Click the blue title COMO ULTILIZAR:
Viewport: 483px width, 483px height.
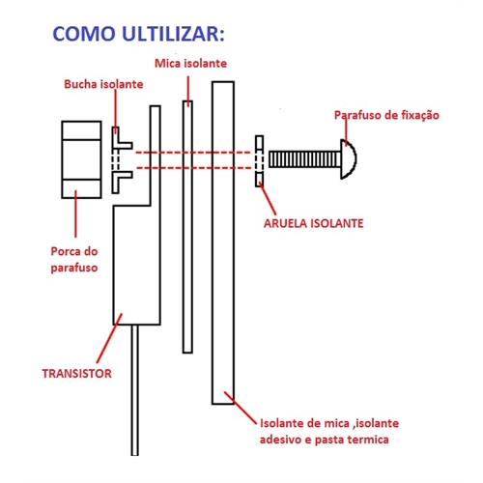click(x=138, y=34)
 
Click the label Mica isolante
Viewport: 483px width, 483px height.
click(x=190, y=63)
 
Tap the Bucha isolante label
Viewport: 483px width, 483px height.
click(x=103, y=84)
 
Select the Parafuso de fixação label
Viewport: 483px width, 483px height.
click(x=386, y=115)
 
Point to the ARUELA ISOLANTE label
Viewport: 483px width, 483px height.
click(x=313, y=223)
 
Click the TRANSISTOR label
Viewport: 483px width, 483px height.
click(x=77, y=374)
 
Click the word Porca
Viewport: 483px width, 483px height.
click(x=62, y=251)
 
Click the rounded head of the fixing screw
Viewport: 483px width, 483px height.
click(x=350, y=158)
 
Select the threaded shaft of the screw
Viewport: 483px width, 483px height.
click(x=304, y=159)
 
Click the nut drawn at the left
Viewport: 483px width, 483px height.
click(x=81, y=159)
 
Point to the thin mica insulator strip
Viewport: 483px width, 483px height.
click(x=187, y=227)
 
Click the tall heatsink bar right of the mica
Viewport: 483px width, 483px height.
click(x=223, y=242)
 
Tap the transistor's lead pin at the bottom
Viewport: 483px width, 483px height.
click(x=135, y=390)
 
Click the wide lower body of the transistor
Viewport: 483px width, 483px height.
click(x=137, y=265)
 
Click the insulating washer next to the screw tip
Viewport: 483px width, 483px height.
click(x=260, y=161)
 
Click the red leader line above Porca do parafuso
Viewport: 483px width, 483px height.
click(x=76, y=213)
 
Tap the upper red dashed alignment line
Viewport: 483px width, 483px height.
click(x=193, y=153)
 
